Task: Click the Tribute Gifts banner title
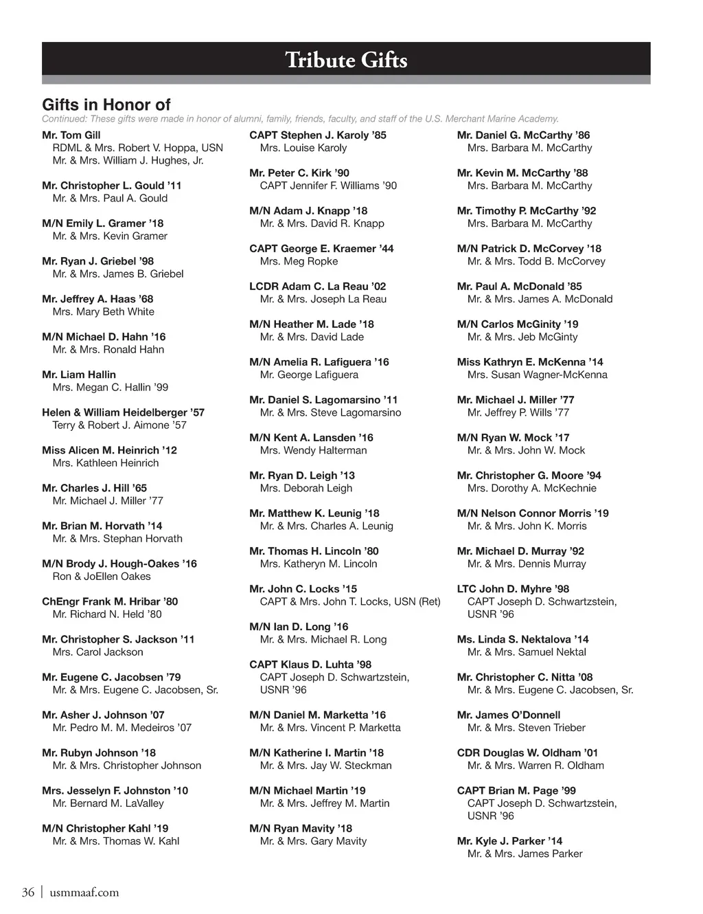346,60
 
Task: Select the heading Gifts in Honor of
106,104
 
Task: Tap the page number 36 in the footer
28,892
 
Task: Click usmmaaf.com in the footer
84,892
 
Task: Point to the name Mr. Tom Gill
71,135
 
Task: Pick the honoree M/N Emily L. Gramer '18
103,223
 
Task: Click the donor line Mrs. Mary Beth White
104,311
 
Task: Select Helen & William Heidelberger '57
124,412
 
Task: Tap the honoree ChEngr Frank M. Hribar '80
110,601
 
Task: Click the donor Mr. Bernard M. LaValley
108,803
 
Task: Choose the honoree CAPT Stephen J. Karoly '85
318,135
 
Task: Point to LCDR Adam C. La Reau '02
318,287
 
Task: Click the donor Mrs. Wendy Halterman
314,450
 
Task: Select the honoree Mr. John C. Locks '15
303,589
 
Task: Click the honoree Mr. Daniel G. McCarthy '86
524,135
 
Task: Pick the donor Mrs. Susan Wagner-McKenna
538,375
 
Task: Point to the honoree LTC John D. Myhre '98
514,589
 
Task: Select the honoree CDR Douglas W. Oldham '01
528,753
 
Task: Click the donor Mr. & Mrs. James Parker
525,854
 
